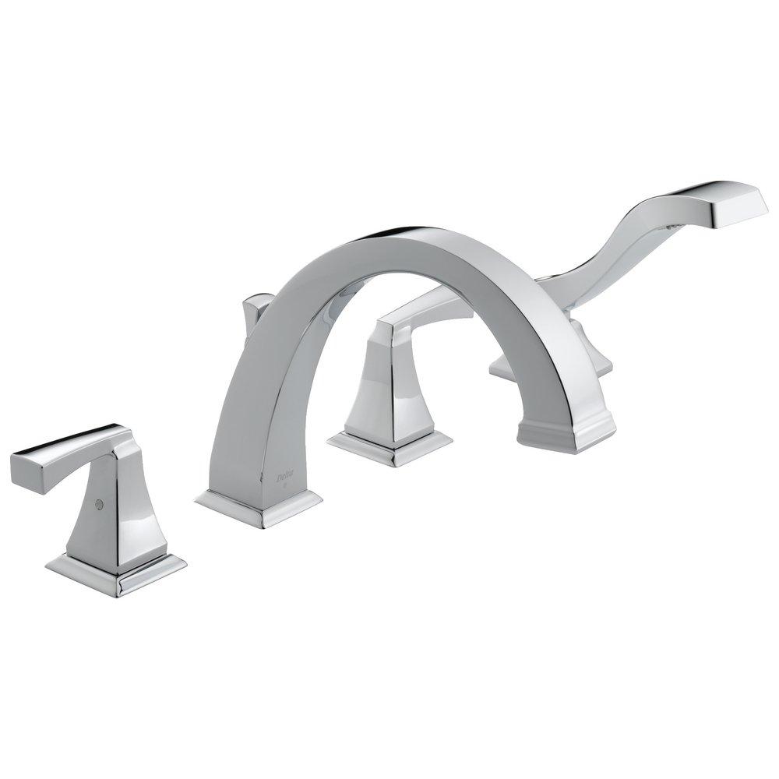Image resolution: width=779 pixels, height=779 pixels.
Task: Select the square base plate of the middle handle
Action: click(x=389, y=448)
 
